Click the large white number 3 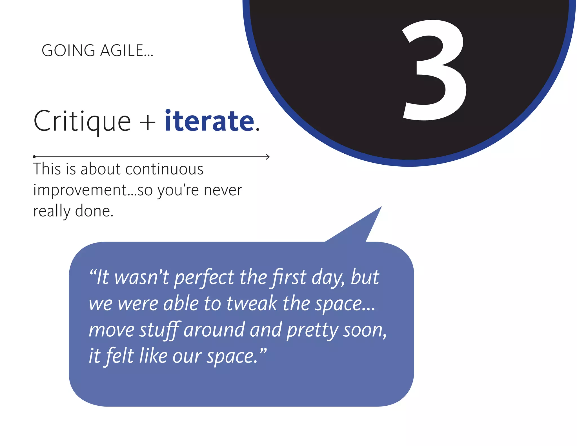point(434,70)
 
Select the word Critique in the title point(82,121)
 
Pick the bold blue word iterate point(210,121)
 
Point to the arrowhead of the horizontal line point(268,156)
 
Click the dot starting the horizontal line point(34,156)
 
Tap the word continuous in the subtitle point(164,169)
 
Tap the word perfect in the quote point(204,278)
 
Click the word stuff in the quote point(159,330)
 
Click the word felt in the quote point(120,356)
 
